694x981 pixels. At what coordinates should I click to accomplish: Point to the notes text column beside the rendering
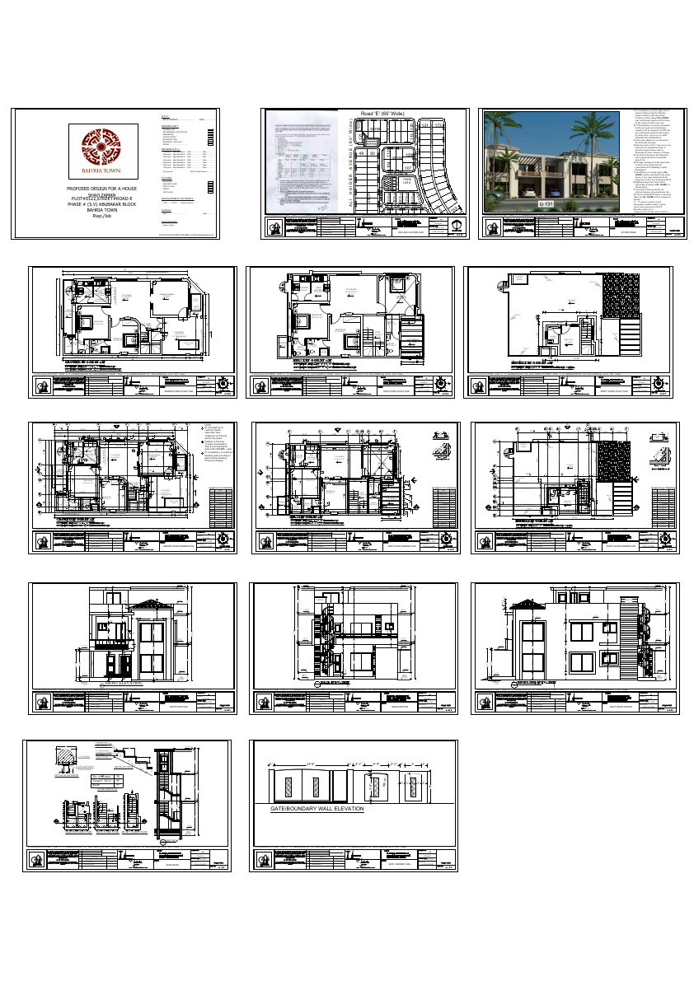[x=656, y=161]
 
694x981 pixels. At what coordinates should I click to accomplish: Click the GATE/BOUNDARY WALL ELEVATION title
[x=317, y=809]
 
